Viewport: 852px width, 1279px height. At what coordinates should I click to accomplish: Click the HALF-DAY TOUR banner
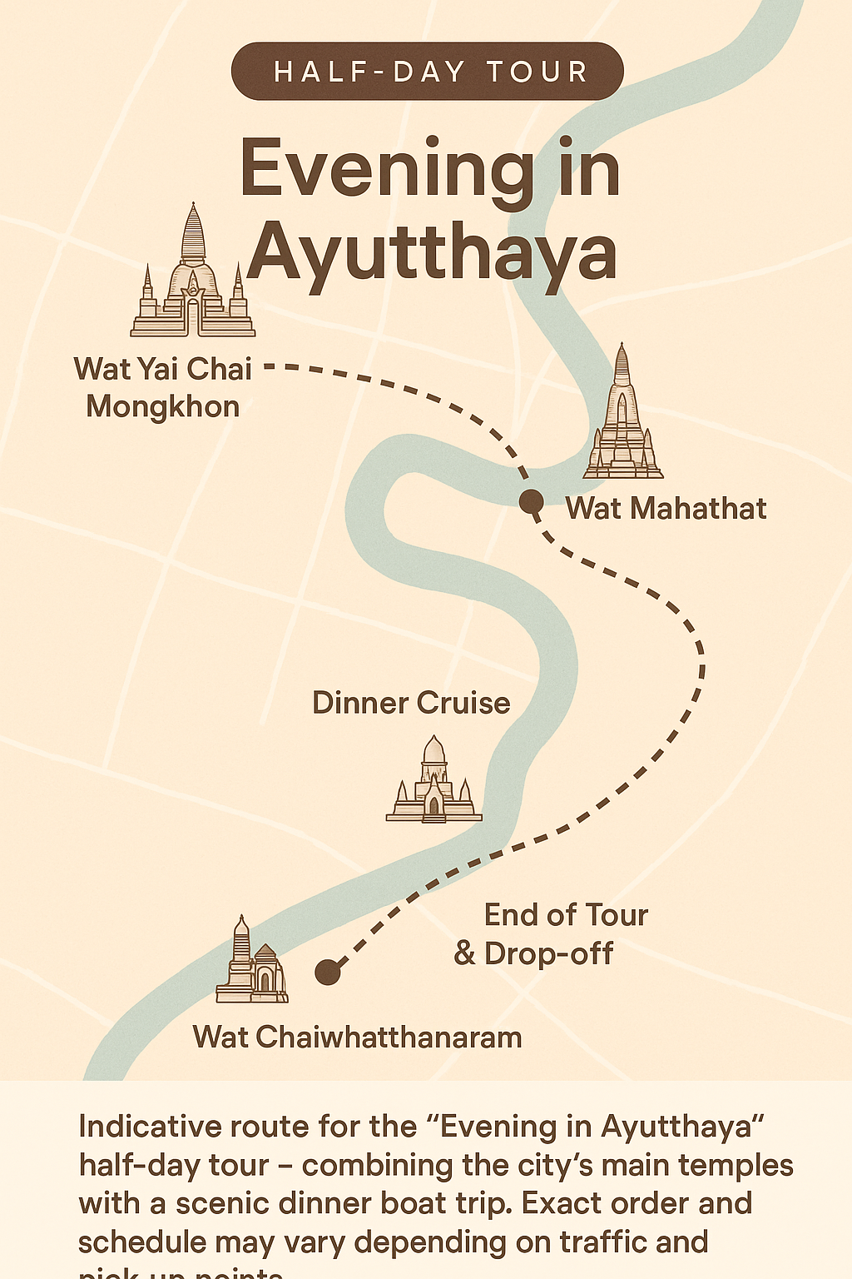pos(428,72)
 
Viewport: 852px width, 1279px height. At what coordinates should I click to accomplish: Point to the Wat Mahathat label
pos(666,508)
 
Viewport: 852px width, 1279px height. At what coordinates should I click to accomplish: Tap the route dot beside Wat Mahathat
pos(532,502)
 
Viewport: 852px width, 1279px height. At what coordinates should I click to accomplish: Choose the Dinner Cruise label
pos(411,703)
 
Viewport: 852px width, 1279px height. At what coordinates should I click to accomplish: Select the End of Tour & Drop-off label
pos(551,933)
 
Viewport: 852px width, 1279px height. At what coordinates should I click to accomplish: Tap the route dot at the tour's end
pos(328,972)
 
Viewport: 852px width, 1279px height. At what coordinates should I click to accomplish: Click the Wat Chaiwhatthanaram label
pos(358,1038)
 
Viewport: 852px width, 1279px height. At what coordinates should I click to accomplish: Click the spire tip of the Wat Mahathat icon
pos(622,347)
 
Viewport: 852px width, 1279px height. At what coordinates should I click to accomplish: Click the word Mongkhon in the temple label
pos(163,406)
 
